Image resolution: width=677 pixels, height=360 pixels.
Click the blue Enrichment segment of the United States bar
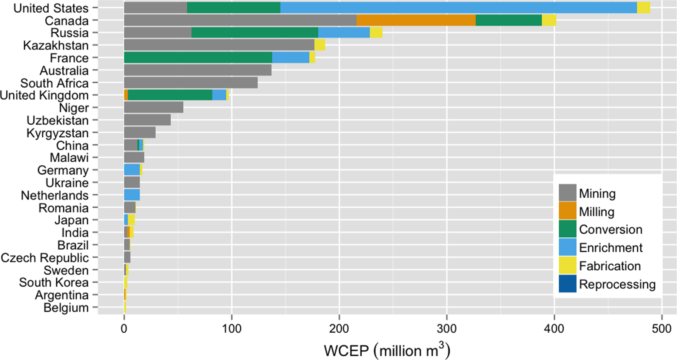pos(458,8)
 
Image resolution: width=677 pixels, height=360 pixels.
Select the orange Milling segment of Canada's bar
pos(416,20)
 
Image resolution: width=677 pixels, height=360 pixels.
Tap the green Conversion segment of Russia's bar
pos(254,33)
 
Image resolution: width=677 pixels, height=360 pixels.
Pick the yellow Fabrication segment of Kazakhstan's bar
pos(319,45)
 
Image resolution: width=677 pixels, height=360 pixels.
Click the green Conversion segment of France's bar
pos(198,58)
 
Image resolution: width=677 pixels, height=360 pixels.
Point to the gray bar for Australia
pos(197,70)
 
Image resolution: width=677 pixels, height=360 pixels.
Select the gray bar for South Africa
pos(191,83)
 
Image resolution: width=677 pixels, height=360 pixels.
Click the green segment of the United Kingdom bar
pos(170,95)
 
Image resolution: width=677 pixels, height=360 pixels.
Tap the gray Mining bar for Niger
pos(153,108)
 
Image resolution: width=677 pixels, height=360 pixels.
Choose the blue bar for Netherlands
pos(132,195)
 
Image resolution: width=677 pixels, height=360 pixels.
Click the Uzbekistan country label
pos(57,120)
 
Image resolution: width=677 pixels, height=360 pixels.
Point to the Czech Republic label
pos(45,258)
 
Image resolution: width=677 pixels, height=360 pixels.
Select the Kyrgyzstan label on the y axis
pos(57,133)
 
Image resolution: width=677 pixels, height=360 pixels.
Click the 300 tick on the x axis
pos(447,328)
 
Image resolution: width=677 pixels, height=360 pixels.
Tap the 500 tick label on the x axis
pos(661,328)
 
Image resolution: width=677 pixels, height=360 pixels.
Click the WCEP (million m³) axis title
pos(387,350)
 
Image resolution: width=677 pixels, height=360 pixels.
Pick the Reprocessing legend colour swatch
pos(567,284)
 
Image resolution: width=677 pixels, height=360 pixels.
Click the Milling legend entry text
pos(597,212)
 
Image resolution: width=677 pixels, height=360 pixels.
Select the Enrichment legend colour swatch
pos(567,248)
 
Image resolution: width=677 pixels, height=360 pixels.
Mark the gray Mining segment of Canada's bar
pos(240,20)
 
